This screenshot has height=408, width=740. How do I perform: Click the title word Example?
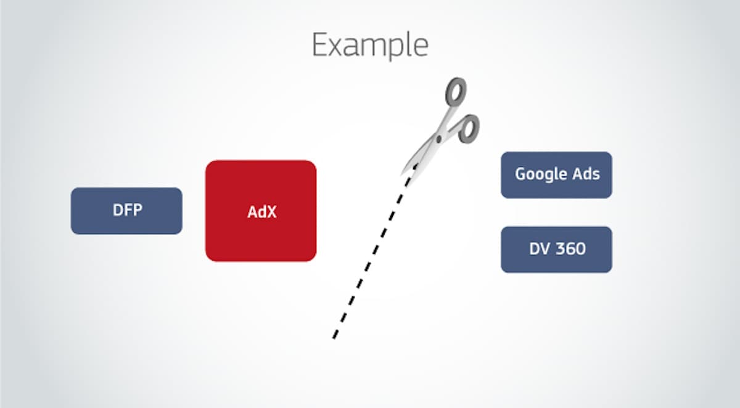point(369,45)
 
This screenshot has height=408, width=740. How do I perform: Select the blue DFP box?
point(126,211)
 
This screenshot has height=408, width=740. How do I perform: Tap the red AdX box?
point(261,211)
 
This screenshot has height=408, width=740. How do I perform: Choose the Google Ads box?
point(556,175)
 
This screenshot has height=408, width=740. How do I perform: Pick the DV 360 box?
point(556,250)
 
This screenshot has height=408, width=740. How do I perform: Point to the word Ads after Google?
point(586,174)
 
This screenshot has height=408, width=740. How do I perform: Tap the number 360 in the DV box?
point(570,250)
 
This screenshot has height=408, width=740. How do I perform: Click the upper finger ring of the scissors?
point(455,93)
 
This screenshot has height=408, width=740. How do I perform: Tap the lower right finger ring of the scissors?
point(469,128)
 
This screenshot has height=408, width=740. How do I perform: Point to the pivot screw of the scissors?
point(438,139)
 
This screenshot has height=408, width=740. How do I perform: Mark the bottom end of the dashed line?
point(334,337)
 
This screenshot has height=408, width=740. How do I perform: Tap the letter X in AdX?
point(271,211)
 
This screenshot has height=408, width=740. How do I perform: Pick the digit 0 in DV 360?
point(580,250)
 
